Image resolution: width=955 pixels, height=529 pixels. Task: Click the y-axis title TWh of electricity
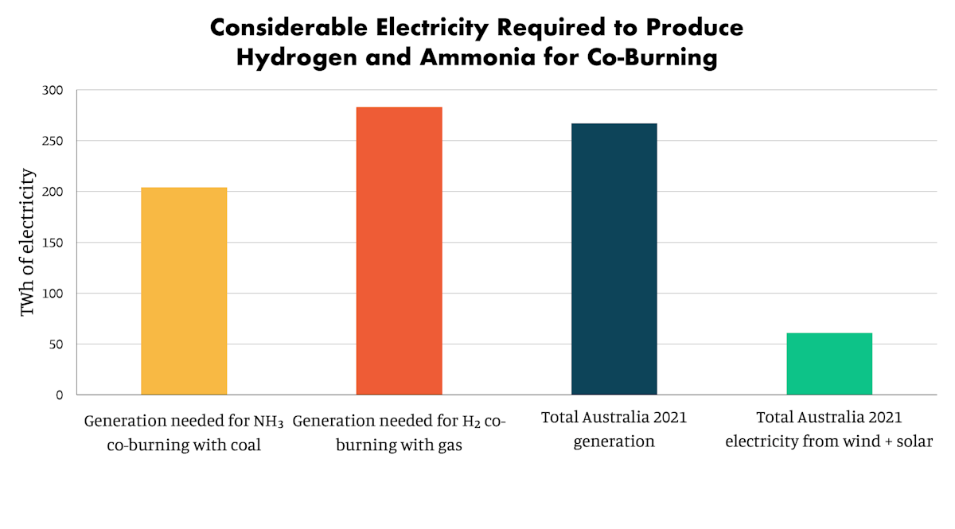click(x=28, y=242)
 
